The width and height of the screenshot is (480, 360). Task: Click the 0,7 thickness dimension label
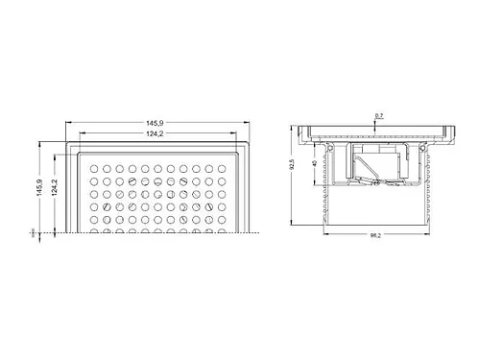[x=379, y=115]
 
